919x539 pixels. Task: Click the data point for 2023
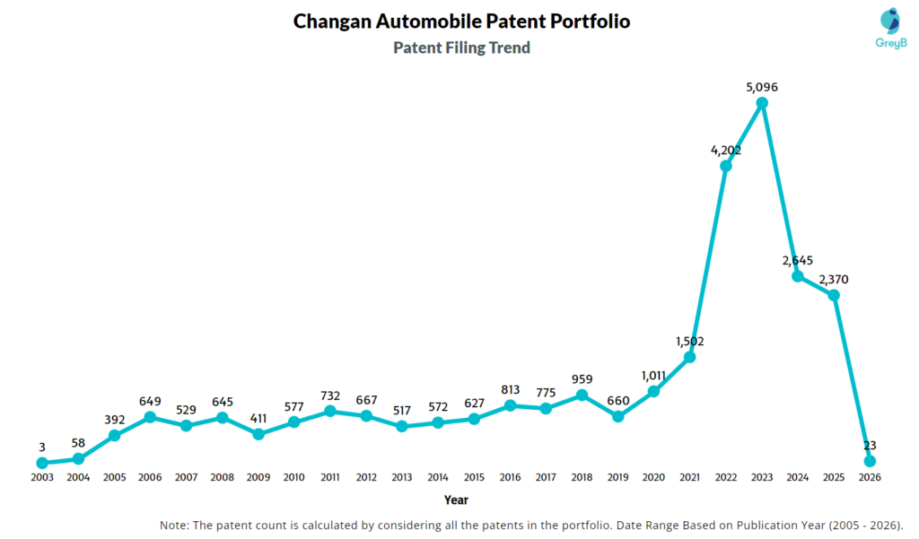762,103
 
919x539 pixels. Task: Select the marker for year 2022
726,166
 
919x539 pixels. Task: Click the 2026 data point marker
870,461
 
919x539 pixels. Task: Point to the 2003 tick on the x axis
42,477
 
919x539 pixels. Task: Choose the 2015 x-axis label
474,477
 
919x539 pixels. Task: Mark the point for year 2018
582,395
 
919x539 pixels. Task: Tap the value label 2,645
798,260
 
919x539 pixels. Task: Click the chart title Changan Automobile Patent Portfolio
461,21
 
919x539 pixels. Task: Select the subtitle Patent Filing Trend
461,48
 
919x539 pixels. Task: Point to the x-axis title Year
456,500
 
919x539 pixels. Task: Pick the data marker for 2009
258,433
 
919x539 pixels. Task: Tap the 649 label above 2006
150,401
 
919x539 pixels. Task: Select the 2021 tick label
689,477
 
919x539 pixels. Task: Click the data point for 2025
834,295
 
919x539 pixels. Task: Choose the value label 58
78,443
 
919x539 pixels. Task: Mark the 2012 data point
366,415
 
